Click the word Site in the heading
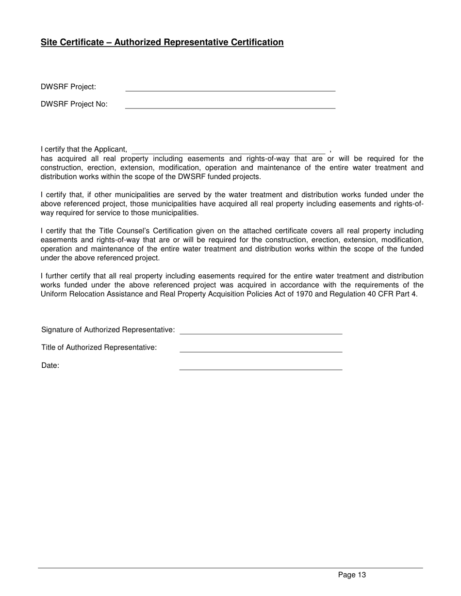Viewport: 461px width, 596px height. click(49, 42)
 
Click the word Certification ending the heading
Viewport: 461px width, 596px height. click(257, 42)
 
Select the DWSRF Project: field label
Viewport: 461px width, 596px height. click(68, 87)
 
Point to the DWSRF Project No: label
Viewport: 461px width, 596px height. click(74, 104)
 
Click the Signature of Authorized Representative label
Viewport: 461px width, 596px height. click(108, 330)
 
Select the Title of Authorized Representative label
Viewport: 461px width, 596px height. click(99, 347)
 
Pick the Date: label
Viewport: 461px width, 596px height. click(50, 366)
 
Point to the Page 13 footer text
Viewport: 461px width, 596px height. click(352, 575)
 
